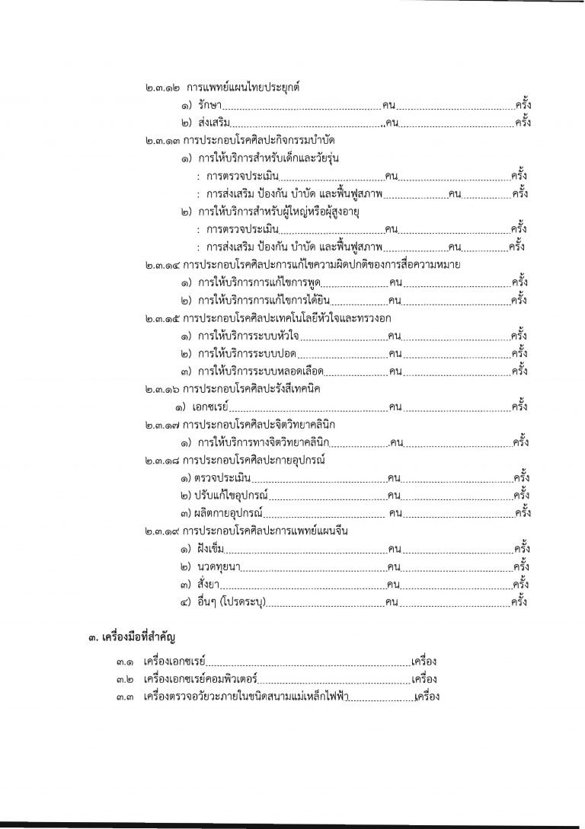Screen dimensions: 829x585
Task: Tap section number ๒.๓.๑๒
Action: (163, 88)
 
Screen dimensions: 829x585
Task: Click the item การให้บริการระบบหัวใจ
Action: (254, 336)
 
